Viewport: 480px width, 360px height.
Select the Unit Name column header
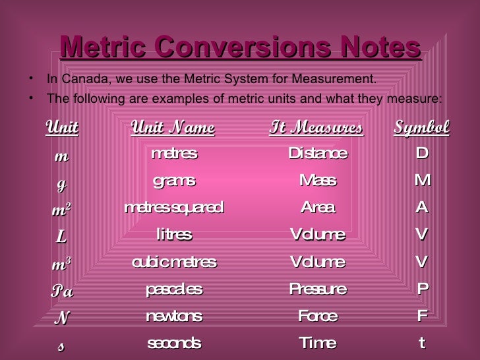point(173,127)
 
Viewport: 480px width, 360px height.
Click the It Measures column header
point(316,127)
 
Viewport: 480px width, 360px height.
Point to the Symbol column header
point(421,127)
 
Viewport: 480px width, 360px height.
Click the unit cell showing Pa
point(62,291)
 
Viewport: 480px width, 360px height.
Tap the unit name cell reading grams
point(174,181)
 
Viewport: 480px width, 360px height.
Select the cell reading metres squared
point(174,208)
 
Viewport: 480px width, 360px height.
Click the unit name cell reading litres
point(174,235)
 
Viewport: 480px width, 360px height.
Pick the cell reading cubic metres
point(174,262)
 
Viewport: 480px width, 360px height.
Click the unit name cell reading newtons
point(174,316)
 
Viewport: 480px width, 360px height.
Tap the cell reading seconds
point(174,344)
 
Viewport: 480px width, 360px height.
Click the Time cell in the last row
point(318,344)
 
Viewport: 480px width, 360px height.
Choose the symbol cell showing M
point(422,181)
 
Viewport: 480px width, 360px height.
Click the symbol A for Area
point(422,208)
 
